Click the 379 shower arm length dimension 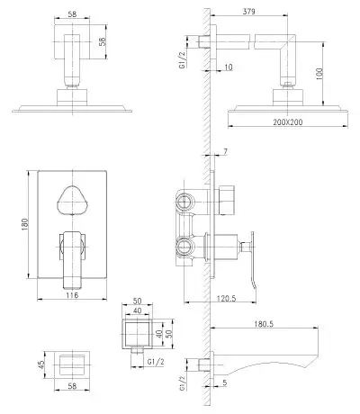click(248, 12)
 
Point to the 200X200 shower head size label click(288, 122)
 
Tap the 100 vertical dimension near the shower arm click(319, 74)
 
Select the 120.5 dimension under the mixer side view click(227, 298)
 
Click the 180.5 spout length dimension click(264, 324)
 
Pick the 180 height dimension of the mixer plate click(24, 224)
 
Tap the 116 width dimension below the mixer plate click(72, 295)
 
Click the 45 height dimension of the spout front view click(41, 364)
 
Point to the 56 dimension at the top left click(103, 41)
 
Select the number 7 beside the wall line click(225, 151)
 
